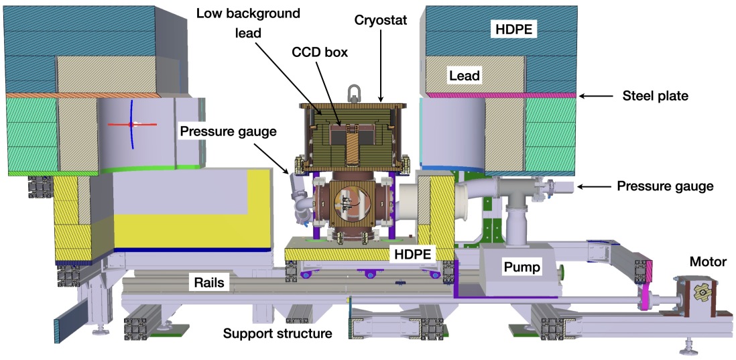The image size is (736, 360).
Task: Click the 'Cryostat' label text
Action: tap(381, 19)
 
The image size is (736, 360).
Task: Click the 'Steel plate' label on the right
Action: tap(654, 96)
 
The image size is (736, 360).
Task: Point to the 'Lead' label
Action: tap(465, 75)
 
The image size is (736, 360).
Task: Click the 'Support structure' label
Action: tap(278, 333)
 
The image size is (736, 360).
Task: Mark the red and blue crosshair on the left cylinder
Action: tap(133, 124)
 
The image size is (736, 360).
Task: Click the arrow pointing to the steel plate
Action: tap(597, 97)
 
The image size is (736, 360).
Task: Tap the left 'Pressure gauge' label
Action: tap(227, 131)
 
